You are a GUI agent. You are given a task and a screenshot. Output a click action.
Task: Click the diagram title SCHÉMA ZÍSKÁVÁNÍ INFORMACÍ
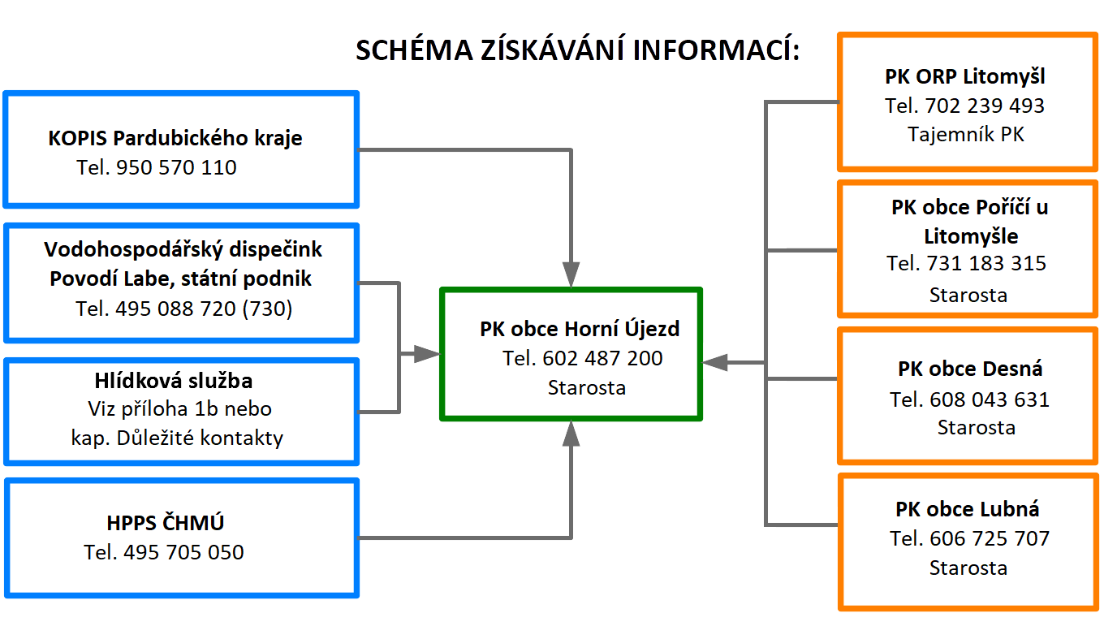[x=577, y=50]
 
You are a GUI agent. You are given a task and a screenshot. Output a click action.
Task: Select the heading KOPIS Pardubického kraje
[x=175, y=138]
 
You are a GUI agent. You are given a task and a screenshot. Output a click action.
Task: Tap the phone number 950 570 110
[x=176, y=167]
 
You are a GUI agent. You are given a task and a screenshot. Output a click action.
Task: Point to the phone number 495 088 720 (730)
[x=204, y=309]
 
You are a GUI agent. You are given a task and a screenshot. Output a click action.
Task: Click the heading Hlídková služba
[x=174, y=381]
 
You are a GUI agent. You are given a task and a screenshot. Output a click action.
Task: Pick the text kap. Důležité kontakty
[x=177, y=438]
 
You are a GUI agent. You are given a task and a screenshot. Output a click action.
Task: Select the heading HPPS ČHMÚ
[x=165, y=523]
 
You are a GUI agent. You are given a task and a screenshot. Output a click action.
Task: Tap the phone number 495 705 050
[x=183, y=552]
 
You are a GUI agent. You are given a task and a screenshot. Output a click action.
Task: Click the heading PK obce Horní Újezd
[x=580, y=329]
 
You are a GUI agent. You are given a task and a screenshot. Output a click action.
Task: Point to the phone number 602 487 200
[x=602, y=358]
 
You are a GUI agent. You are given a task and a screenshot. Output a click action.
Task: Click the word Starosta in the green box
[x=586, y=388]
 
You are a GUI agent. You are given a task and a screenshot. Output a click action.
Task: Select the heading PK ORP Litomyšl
[x=965, y=77]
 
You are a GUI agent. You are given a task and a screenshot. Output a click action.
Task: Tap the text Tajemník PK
[x=966, y=135]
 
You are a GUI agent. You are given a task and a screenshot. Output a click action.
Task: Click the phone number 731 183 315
[x=986, y=263]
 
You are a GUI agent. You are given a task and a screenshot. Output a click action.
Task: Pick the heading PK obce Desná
[x=970, y=369]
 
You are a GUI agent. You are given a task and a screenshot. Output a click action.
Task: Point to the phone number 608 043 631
[x=990, y=399]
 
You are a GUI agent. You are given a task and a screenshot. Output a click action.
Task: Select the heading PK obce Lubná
[x=967, y=509]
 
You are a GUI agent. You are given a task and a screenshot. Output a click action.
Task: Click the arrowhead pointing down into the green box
[x=571, y=274]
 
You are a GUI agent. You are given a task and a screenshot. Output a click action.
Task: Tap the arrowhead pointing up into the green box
[x=571, y=434]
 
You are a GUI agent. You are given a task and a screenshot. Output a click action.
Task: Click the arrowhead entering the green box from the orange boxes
[x=714, y=362]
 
